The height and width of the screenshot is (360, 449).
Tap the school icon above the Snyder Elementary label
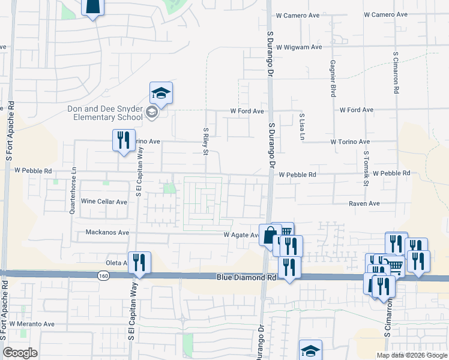pyautogui.click(x=161, y=94)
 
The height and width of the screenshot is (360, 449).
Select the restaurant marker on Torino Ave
pyautogui.click(x=124, y=140)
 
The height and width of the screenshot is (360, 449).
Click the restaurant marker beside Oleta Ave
pyautogui.click(x=139, y=263)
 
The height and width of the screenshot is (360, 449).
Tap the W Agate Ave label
pyautogui.click(x=241, y=235)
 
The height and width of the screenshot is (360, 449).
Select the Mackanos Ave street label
pyautogui.click(x=107, y=232)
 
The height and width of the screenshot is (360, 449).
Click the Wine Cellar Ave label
pyautogui.click(x=104, y=202)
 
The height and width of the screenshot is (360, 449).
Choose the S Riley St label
pyautogui.click(x=205, y=140)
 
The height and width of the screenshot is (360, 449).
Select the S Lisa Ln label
pyautogui.click(x=302, y=127)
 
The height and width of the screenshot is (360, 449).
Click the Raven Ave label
pyautogui.click(x=364, y=204)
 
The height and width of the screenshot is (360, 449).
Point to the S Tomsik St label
pyautogui.click(x=365, y=168)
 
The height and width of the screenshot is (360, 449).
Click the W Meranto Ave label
pyautogui.click(x=32, y=324)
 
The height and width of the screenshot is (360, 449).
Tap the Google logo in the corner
pyautogui.click(x=20, y=353)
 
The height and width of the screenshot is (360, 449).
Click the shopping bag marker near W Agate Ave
pyautogui.click(x=270, y=235)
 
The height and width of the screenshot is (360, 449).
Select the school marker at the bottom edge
pyautogui.click(x=311, y=350)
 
